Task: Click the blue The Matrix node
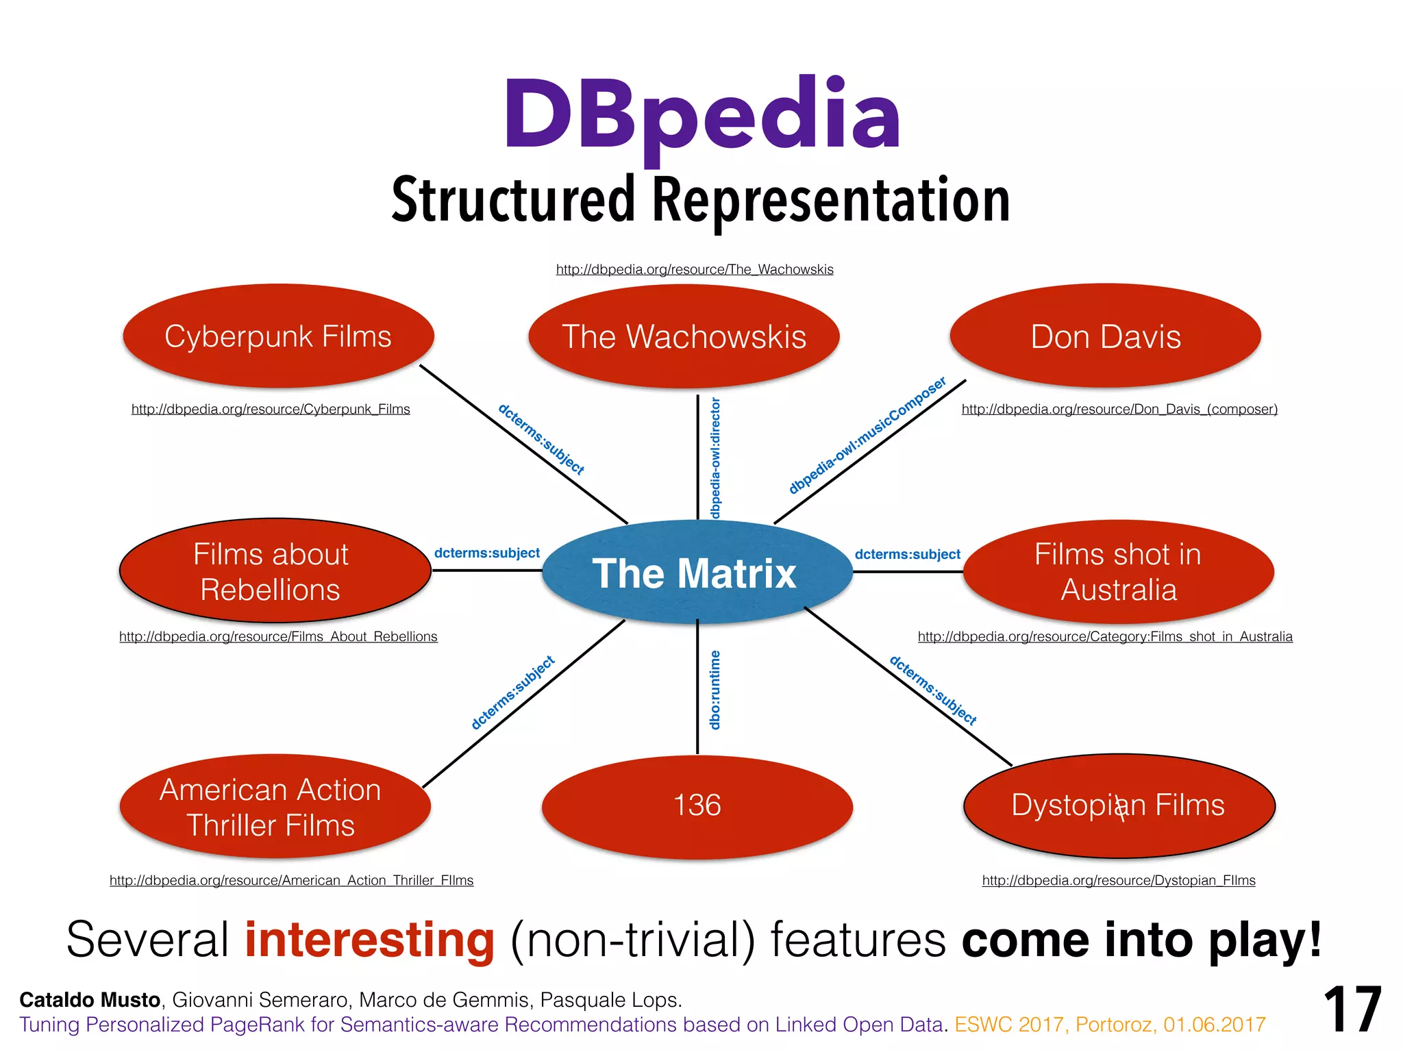coord(697,573)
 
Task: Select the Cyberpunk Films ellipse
coord(278,336)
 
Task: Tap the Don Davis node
coord(1105,336)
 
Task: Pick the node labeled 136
coord(697,805)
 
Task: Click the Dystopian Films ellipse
coord(1119,805)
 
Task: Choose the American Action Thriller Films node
coord(274,807)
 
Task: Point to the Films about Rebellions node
coord(274,571)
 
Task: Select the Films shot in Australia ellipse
coord(1118,572)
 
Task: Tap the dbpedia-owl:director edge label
coord(715,458)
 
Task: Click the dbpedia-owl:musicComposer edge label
coord(867,435)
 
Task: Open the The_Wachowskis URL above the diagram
coord(695,270)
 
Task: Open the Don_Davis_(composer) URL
coord(1119,410)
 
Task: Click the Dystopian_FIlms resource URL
coord(1119,881)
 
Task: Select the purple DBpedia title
coord(701,115)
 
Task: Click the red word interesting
coord(369,940)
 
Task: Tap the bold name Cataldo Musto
coord(90,1000)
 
